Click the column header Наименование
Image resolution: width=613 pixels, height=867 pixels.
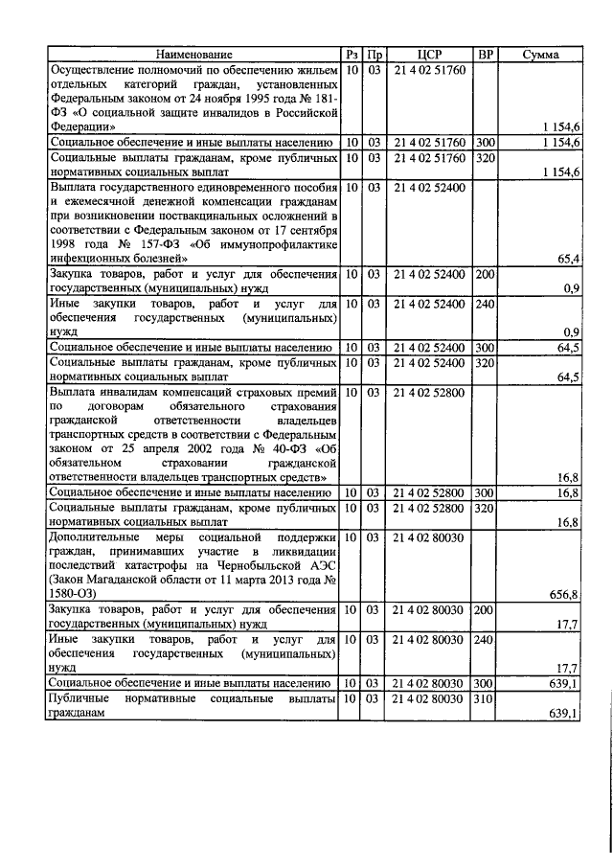tap(194, 55)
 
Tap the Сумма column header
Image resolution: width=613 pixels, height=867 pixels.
tap(540, 55)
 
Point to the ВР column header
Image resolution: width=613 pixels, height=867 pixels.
tap(485, 55)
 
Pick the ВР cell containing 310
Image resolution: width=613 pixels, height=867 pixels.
tap(485, 701)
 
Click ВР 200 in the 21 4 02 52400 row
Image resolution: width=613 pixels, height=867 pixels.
tap(485, 275)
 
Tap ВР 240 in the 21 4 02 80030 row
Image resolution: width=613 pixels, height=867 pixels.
tap(485, 638)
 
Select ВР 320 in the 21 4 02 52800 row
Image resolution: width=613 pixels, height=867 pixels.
tap(485, 507)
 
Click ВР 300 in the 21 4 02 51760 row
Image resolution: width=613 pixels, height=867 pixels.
tap(485, 142)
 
